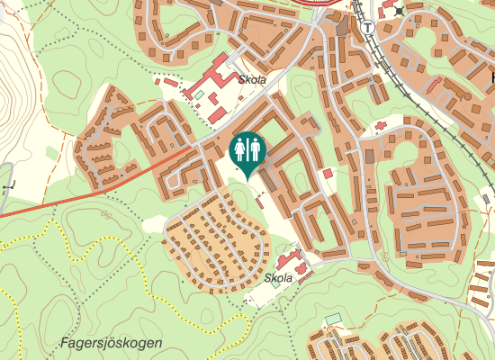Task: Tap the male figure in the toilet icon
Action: (x=255, y=148)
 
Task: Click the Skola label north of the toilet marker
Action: (x=253, y=79)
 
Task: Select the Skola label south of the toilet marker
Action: (x=279, y=278)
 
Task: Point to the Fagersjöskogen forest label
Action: (x=112, y=343)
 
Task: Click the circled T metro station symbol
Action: (x=369, y=27)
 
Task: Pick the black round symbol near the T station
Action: (x=399, y=12)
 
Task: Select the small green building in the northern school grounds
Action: (x=199, y=94)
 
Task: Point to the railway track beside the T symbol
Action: (x=376, y=54)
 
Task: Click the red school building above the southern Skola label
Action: (x=290, y=262)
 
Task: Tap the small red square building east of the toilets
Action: (x=328, y=173)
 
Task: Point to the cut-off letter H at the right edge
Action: (x=490, y=79)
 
